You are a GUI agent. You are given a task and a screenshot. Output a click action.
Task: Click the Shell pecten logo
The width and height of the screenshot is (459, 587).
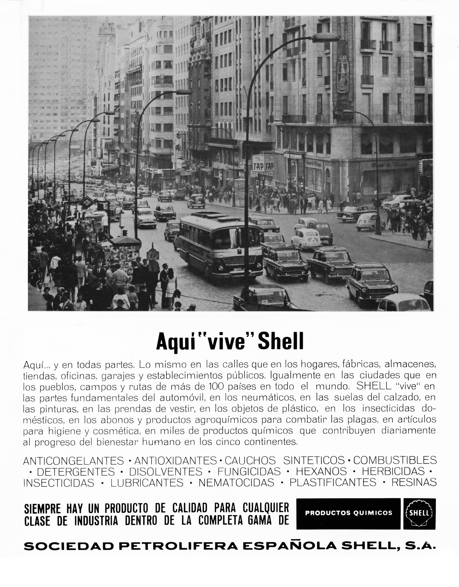click(x=419, y=514)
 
